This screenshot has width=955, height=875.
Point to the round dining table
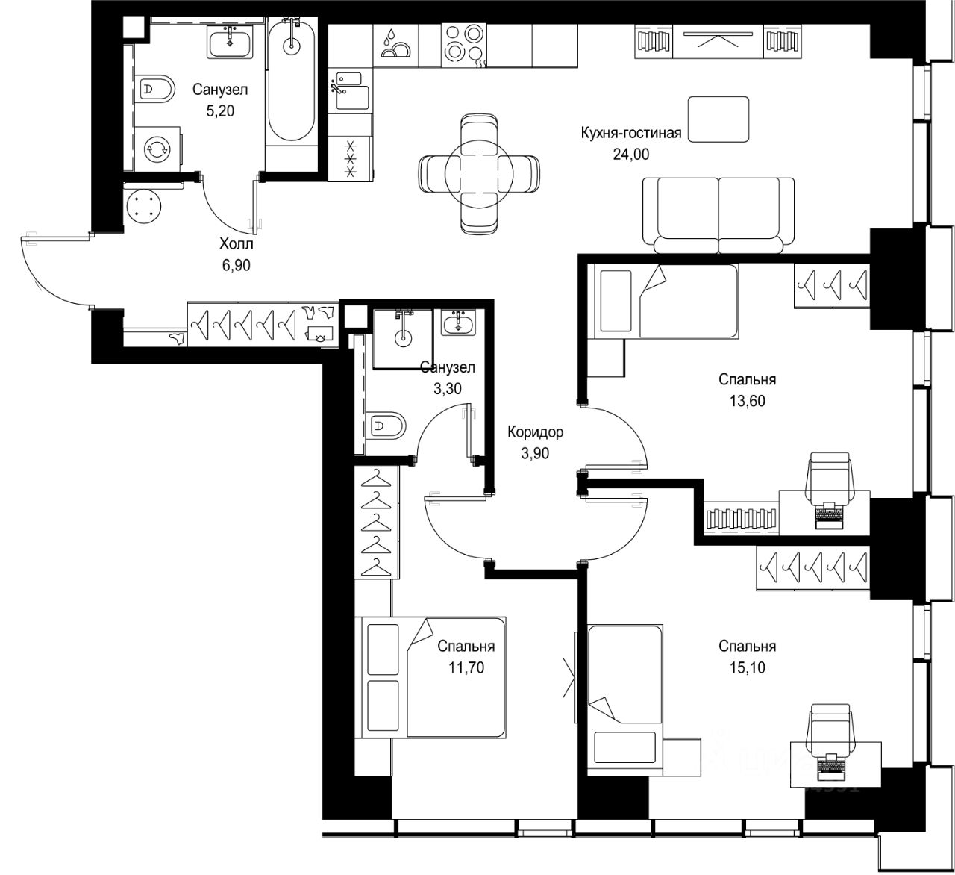point(479,174)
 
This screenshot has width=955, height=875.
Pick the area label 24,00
point(630,155)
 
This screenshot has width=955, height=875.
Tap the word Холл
point(236,244)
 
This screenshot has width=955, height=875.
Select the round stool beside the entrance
point(144,206)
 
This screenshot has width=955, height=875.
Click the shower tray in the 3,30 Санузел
point(403,339)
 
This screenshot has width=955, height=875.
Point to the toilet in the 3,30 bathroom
point(386,426)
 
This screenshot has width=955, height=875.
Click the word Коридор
point(535,432)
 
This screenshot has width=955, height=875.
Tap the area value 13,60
point(748,401)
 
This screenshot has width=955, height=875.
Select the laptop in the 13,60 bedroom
point(829,516)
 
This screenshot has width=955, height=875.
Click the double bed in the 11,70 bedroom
point(433,678)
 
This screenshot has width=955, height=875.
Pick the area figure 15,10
point(748,667)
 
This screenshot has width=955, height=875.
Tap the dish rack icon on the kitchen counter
point(395,46)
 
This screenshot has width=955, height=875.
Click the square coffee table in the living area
point(718,119)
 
